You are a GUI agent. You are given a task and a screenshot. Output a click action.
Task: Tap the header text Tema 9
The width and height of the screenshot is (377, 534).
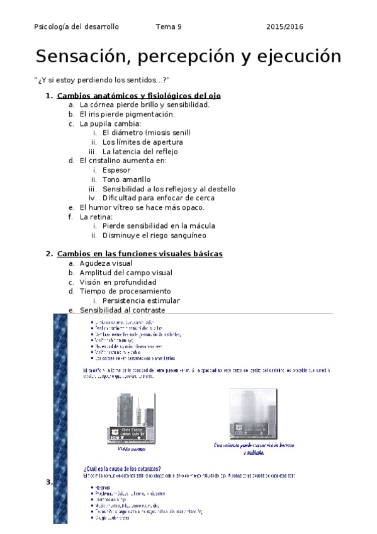[169, 27]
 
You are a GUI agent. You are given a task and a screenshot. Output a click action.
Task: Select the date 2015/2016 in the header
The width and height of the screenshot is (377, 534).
[284, 27]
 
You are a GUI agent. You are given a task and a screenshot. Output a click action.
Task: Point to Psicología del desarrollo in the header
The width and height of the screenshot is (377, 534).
[76, 27]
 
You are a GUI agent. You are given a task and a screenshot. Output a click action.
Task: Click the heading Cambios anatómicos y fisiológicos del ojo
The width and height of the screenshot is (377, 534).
[138, 96]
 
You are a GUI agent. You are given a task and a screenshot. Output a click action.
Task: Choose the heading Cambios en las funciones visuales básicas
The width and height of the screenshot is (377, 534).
[139, 254]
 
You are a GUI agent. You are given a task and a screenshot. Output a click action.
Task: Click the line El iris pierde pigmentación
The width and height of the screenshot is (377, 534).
[127, 114]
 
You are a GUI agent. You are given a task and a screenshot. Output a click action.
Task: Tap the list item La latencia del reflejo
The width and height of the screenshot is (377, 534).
[140, 152]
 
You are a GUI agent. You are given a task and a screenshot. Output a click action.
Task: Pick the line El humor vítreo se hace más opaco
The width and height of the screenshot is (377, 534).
[142, 207]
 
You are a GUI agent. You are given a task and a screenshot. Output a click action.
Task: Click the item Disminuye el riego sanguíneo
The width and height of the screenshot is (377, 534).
[154, 236]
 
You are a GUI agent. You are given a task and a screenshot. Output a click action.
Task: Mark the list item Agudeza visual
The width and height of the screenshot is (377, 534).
[106, 263]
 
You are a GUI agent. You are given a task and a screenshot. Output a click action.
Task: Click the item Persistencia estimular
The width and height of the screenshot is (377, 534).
[141, 301]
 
